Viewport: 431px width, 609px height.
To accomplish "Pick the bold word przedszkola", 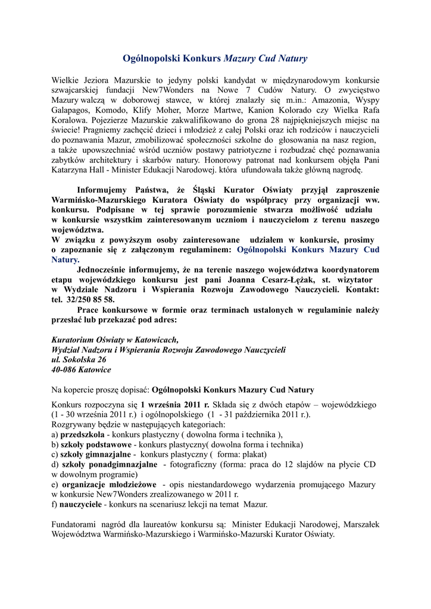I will coord(82,435).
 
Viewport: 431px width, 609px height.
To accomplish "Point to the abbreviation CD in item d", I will coord(369,464).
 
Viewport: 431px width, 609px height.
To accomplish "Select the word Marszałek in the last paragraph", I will coord(362,525).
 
